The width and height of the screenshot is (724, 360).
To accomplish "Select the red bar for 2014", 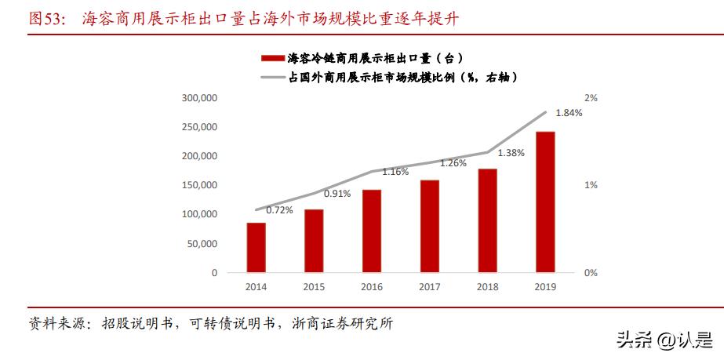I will [x=256, y=247].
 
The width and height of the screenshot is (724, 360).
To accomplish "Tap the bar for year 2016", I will [x=372, y=231].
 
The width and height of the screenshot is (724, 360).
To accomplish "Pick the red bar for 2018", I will [x=487, y=220].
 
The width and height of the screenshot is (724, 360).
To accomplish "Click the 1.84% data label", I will [x=569, y=113].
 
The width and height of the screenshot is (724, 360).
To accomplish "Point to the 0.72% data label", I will [x=280, y=209].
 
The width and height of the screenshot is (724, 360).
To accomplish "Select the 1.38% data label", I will [x=511, y=153].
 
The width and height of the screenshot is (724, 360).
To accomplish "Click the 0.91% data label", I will [x=337, y=193].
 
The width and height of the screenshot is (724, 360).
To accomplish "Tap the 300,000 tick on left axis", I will [x=199, y=98].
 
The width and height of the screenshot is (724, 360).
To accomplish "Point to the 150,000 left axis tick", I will [x=199, y=185].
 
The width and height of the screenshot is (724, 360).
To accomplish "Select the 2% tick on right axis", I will [x=591, y=98].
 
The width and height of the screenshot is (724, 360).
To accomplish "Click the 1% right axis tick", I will [x=591, y=185].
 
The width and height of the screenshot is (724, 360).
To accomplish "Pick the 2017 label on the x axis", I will [x=429, y=287].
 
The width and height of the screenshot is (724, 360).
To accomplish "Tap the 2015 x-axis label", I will [x=314, y=287].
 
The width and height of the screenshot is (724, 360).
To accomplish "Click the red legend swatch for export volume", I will [x=271, y=59].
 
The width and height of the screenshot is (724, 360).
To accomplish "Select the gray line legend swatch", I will [x=271, y=77].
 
